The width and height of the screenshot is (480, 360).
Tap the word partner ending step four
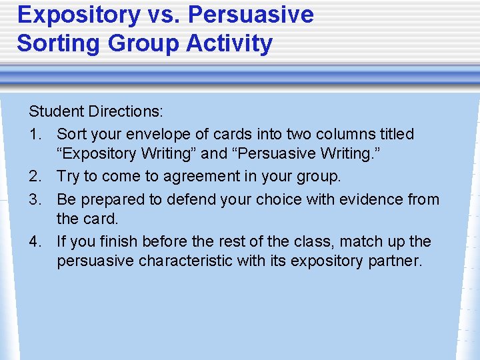[395, 261]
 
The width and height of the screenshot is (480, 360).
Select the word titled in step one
[395, 134]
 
